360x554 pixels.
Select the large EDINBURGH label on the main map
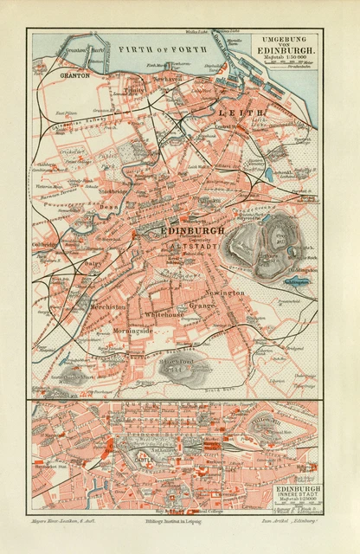pos(192,231)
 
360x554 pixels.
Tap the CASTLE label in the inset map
pos(141,459)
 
